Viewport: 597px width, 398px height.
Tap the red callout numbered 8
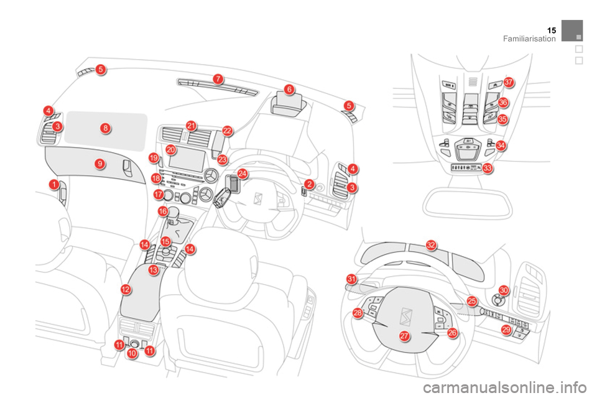point(106,128)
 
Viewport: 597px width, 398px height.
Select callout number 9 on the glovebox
point(99,164)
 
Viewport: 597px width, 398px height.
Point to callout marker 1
point(55,185)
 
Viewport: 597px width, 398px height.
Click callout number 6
point(289,90)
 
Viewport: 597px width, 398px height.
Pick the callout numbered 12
point(126,290)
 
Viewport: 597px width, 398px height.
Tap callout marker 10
point(132,353)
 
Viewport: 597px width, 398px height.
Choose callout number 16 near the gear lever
point(163,212)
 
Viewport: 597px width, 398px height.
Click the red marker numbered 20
point(171,149)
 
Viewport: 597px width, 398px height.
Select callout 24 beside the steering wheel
point(243,174)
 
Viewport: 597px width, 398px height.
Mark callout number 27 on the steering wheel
point(404,336)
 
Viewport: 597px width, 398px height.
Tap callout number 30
point(504,290)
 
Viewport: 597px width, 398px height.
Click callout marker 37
point(509,82)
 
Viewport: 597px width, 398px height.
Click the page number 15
point(551,30)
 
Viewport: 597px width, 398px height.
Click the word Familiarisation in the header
point(529,39)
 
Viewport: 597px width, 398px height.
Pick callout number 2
point(309,184)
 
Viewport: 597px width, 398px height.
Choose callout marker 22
point(228,131)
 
